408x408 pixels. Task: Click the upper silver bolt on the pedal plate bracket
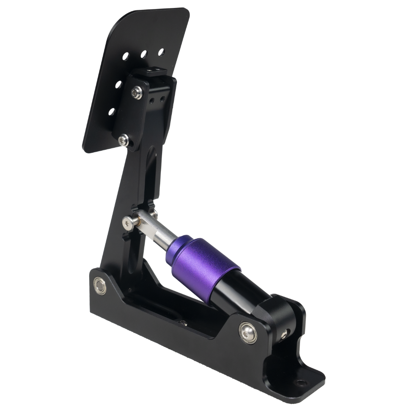pos(137,92)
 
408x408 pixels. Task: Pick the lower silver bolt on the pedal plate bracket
pos(123,141)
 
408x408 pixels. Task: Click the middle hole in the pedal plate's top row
pos(144,54)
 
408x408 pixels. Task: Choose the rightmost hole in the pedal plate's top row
pos(161,51)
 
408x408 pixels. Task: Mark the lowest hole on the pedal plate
pos(111,111)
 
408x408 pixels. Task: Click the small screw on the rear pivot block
pos(284,334)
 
